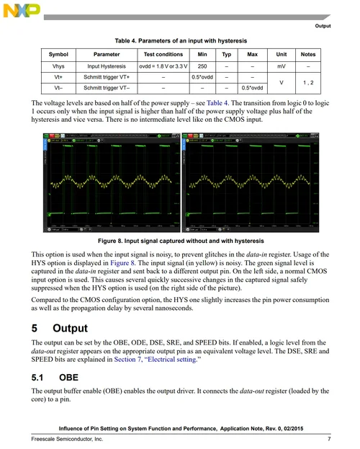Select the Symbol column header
click(x=58, y=55)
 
